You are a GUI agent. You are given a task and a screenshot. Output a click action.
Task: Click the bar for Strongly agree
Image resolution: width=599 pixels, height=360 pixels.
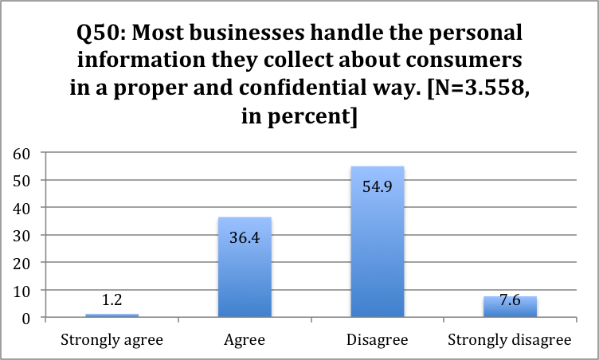(x=112, y=316)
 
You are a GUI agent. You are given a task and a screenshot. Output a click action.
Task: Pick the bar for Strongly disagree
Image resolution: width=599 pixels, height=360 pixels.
(x=509, y=307)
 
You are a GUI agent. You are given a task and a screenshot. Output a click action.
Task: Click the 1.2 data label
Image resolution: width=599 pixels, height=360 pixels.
(x=112, y=303)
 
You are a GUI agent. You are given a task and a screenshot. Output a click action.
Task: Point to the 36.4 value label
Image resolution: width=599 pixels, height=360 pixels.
(x=245, y=236)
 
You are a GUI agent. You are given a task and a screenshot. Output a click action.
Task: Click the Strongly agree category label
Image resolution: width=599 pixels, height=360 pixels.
(x=112, y=339)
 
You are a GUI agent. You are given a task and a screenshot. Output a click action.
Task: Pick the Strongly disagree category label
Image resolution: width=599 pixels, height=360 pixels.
(x=509, y=339)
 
